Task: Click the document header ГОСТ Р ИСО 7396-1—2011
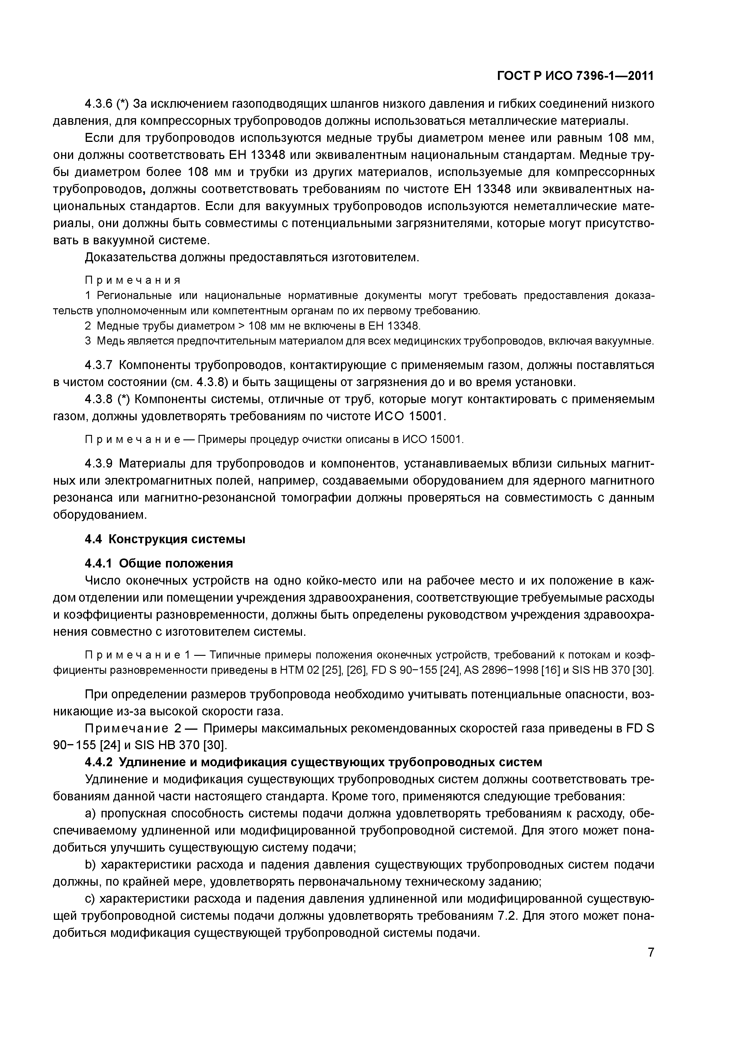(576, 76)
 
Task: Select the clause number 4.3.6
(99, 104)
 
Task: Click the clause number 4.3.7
(99, 365)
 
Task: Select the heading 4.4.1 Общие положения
(159, 563)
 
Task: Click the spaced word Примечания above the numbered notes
(133, 280)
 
